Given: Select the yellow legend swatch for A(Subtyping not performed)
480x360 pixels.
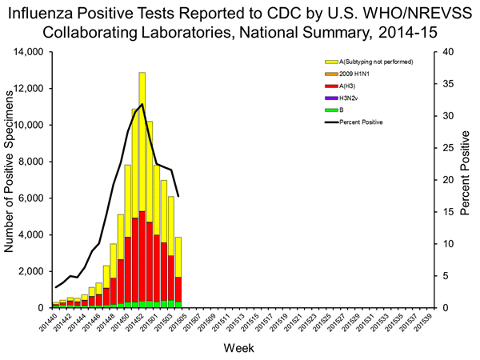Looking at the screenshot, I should tap(330, 61).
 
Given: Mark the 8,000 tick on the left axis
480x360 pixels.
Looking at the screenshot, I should tap(30, 162).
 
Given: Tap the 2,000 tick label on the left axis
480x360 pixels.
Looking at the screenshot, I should tap(30, 271).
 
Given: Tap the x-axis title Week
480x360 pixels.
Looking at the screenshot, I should tap(240, 350).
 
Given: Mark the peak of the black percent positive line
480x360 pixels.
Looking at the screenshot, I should tap(142, 105).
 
